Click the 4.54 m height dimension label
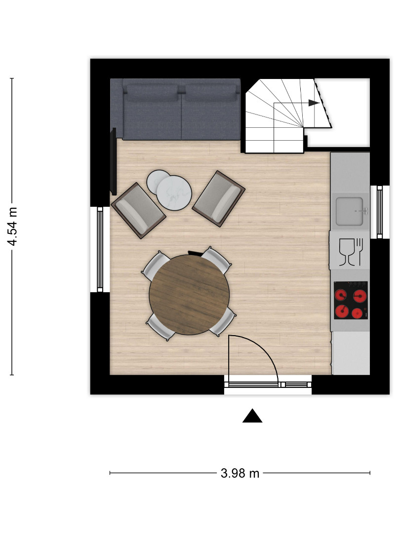click(12, 227)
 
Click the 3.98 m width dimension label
click(240, 473)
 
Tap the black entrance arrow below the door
click(252, 416)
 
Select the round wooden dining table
click(190, 295)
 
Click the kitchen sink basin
click(349, 211)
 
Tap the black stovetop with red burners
click(351, 300)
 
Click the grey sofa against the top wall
click(175, 109)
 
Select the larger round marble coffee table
click(174, 193)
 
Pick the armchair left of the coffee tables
click(138, 211)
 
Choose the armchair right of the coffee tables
click(219, 199)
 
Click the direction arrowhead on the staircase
click(314, 103)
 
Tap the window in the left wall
click(100, 249)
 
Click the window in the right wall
click(380, 212)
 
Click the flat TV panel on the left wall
click(113, 161)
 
